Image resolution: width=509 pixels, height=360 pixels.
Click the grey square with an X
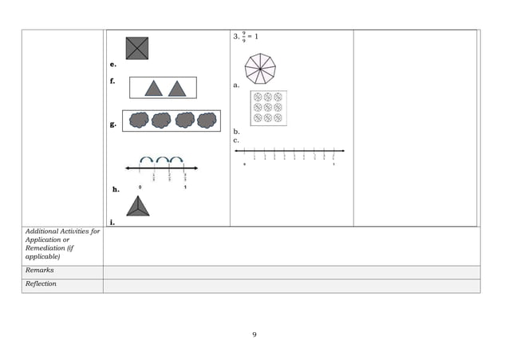(136, 49)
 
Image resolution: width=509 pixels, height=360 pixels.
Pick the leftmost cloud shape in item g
(139, 121)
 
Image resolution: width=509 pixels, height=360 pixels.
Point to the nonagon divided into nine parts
(259, 67)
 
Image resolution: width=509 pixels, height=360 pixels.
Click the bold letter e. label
(113, 64)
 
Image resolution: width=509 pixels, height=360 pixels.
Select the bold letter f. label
(113, 81)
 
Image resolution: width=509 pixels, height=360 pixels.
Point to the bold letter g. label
(113, 125)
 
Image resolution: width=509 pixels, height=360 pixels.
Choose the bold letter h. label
(116, 190)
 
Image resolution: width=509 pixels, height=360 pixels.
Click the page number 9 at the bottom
(254, 334)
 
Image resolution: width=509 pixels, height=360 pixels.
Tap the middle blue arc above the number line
(162, 160)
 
